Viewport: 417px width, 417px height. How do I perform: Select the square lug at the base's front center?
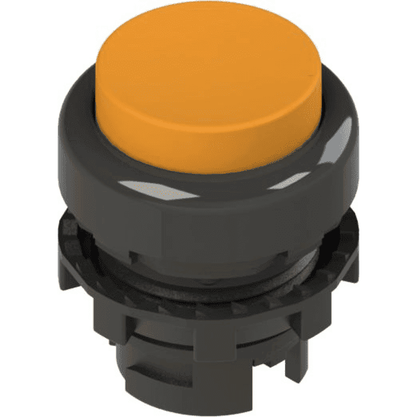coord(208,347)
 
